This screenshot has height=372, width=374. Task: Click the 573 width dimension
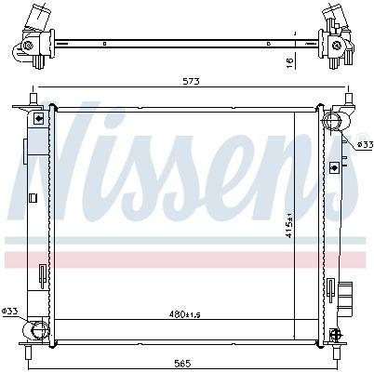191,81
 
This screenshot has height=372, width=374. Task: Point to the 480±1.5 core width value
185,314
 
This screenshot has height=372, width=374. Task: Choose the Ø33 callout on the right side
365,144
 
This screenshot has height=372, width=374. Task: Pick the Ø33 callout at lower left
9,310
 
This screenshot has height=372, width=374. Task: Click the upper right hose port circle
332,120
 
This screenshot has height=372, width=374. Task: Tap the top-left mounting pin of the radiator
33,99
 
